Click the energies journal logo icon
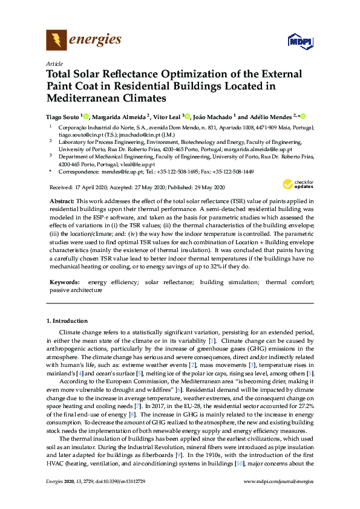[x=56, y=41]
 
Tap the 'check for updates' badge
[x=298, y=184]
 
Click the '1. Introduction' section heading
[x=67, y=320]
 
